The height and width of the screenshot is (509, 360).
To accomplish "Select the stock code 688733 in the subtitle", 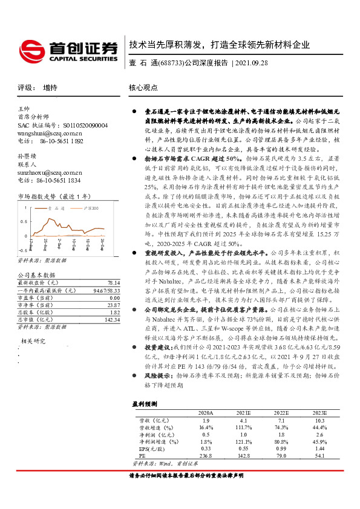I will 169,63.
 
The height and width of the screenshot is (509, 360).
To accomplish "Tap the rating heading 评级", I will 25,88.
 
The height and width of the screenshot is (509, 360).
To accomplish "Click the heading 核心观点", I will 144,88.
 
